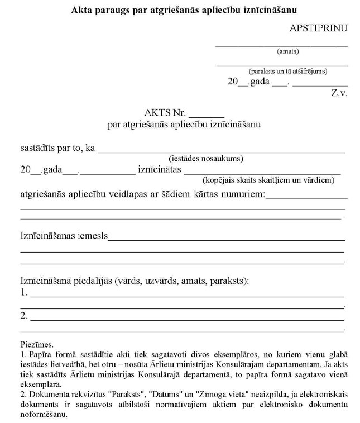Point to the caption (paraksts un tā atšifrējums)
[x=288, y=72]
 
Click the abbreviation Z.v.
[x=339, y=93]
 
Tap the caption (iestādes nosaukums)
[x=206, y=158]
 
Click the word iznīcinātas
[x=159, y=170]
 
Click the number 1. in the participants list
[x=23, y=292]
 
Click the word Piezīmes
[x=36, y=345]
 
